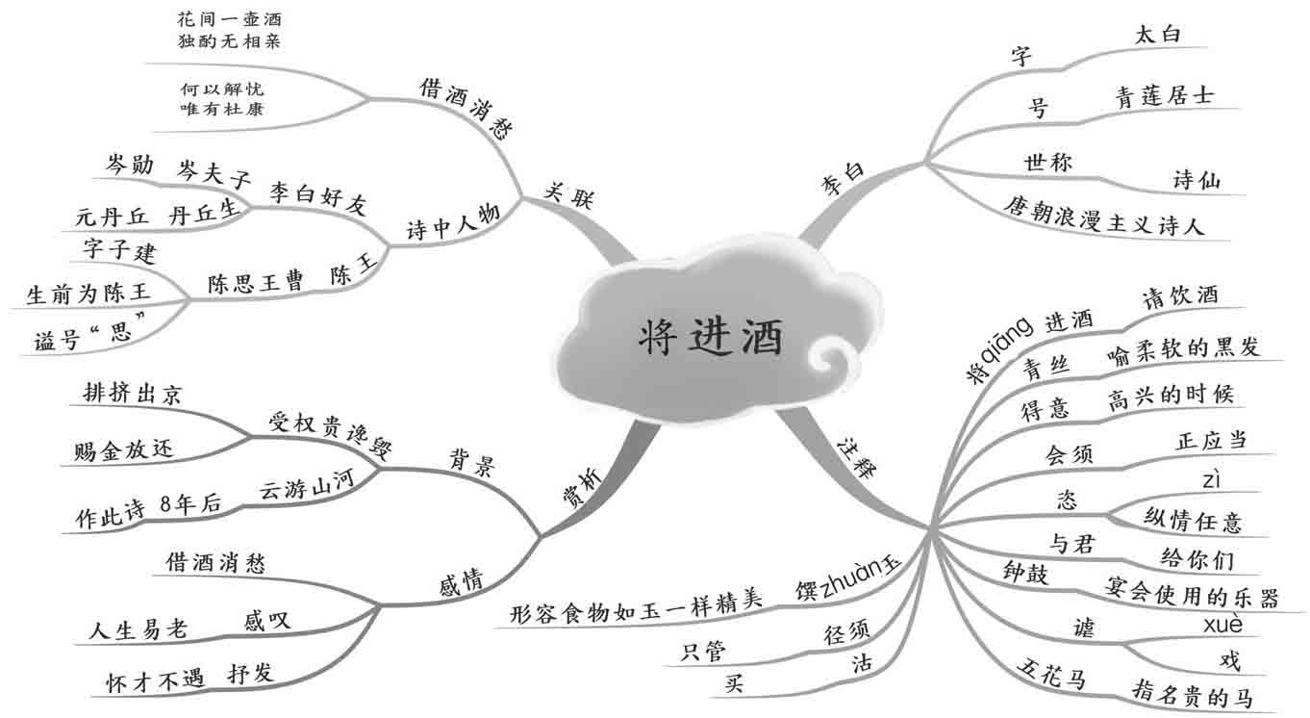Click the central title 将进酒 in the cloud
tap(712, 337)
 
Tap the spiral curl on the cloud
tap(829, 358)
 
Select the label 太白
tap(1158, 37)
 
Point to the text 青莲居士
tap(1164, 95)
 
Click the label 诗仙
tap(1197, 180)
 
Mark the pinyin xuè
tap(1222, 625)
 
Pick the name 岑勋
tap(129, 166)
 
